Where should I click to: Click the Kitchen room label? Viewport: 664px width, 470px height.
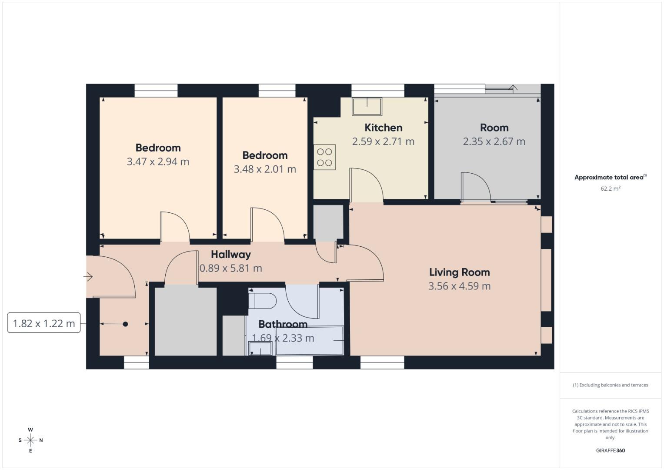(383, 128)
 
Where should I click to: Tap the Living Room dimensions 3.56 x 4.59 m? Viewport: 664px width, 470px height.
(459, 286)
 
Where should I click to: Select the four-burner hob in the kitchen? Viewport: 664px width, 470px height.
(324, 157)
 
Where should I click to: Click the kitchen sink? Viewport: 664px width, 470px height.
(367, 106)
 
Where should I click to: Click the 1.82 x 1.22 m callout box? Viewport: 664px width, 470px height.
(44, 323)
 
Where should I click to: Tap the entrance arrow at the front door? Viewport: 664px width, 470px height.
(88, 277)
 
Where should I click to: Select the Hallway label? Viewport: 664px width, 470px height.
(231, 255)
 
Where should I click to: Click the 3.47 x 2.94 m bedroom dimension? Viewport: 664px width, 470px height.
(158, 161)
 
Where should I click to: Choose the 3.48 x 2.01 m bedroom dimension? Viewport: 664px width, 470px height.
(265, 169)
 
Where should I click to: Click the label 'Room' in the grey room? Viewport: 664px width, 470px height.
(494, 128)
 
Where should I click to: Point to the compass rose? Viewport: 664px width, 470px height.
(30, 440)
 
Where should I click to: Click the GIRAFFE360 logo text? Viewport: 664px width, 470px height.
(610, 450)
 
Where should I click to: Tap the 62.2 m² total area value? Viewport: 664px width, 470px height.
(610, 188)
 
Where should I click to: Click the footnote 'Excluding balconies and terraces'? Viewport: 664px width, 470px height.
(610, 385)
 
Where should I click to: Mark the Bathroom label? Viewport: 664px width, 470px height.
(283, 324)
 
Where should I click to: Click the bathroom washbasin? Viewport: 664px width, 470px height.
(260, 349)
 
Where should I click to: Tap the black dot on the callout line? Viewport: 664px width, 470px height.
(125, 324)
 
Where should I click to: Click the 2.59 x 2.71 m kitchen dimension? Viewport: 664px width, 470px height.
(383, 141)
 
